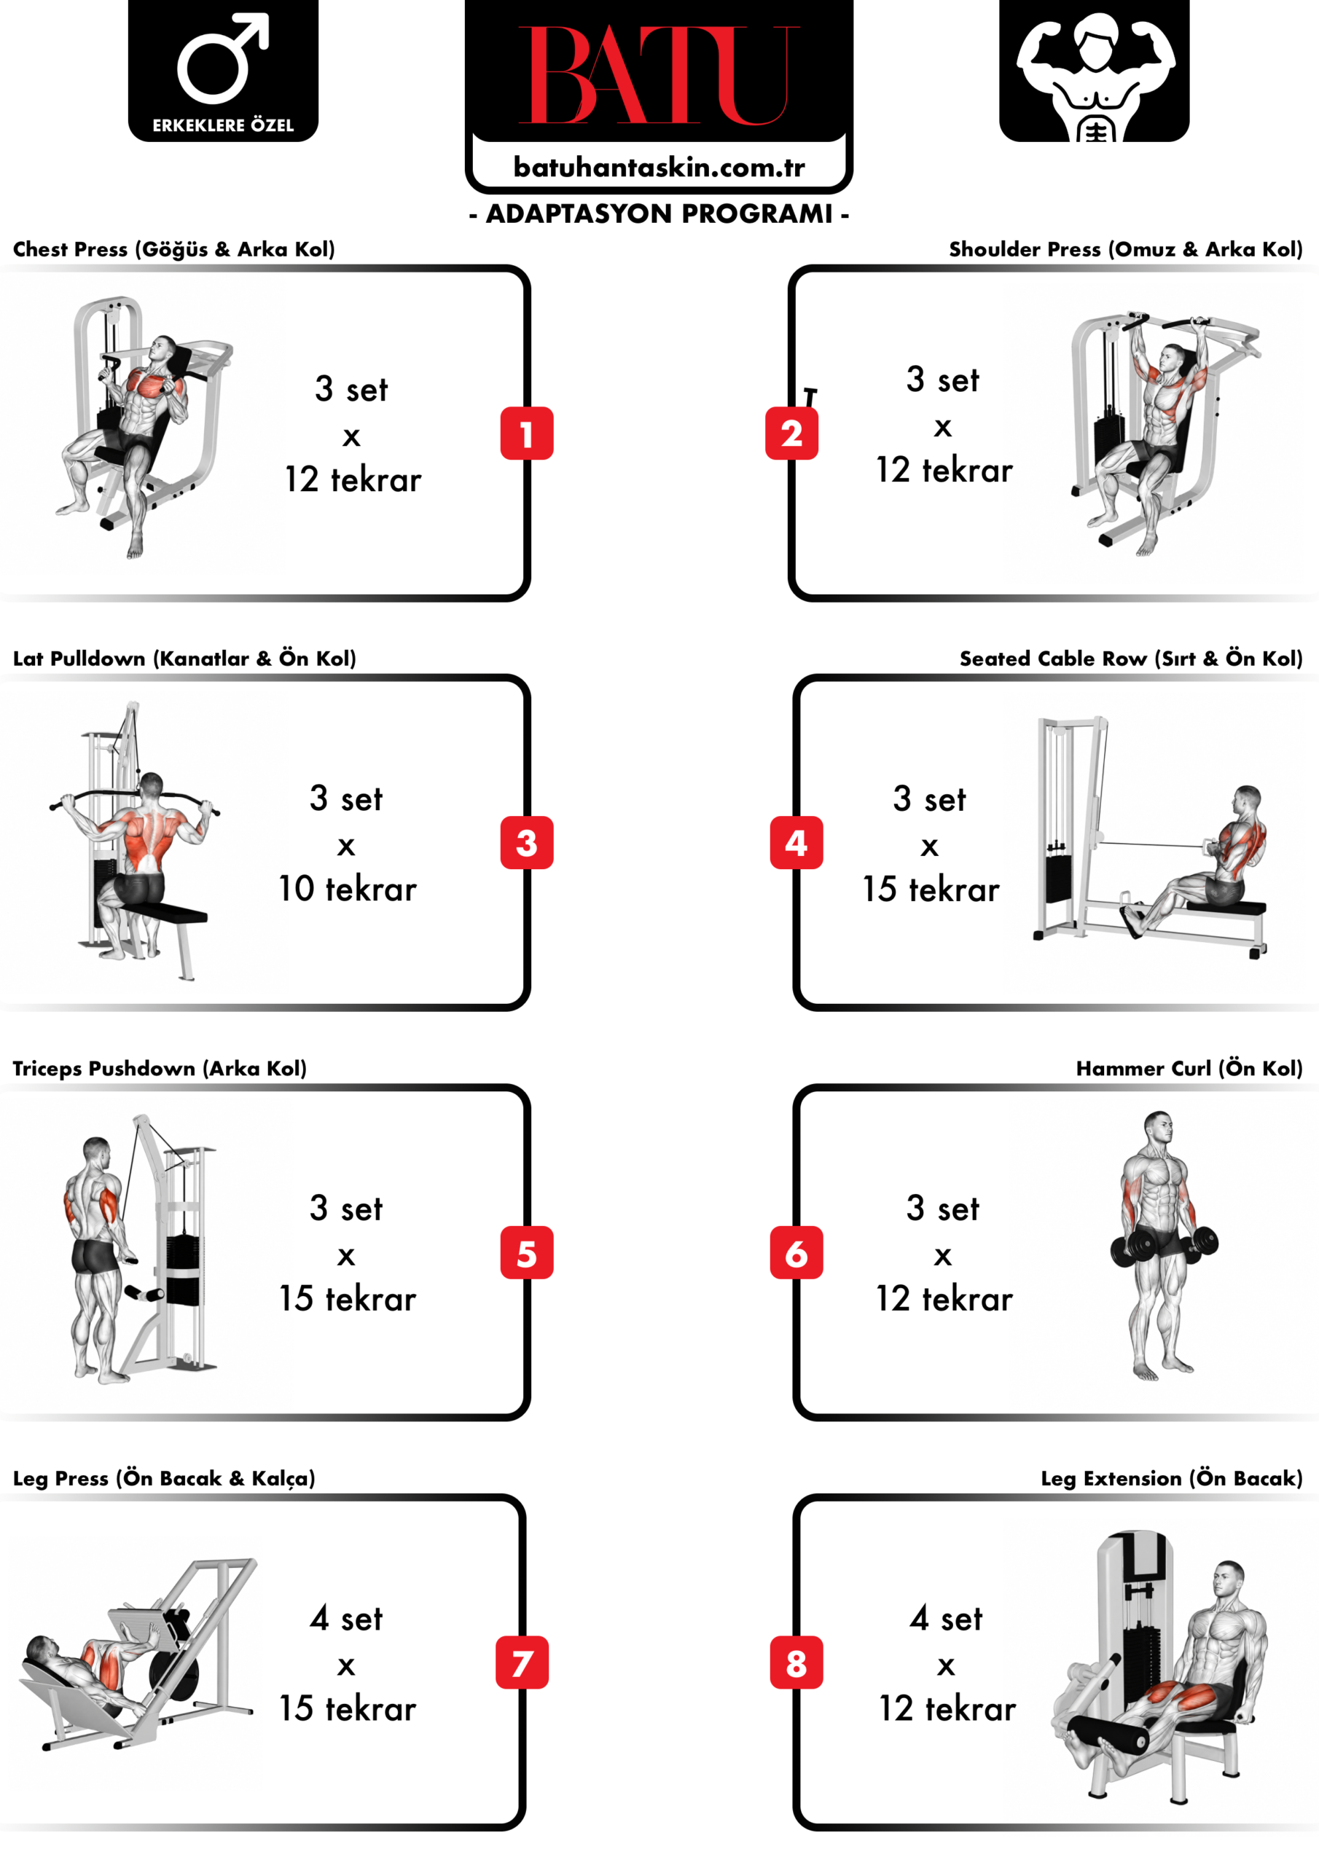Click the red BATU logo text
(x=659, y=75)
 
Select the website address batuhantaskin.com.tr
(x=659, y=168)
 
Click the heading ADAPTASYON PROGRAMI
(x=659, y=213)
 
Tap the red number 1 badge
(x=527, y=433)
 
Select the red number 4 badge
(x=797, y=842)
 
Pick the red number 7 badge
(x=522, y=1662)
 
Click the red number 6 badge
(x=797, y=1252)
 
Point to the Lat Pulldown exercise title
(x=184, y=658)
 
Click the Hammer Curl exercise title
(x=1189, y=1068)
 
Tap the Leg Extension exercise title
(x=1171, y=1478)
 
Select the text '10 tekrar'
(x=348, y=889)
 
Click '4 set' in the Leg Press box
(x=346, y=1618)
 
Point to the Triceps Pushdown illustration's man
(x=98, y=1259)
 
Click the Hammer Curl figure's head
(x=1159, y=1128)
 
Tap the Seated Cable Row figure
(x=1194, y=861)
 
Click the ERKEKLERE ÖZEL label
(x=223, y=125)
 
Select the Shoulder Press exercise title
(x=1126, y=248)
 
